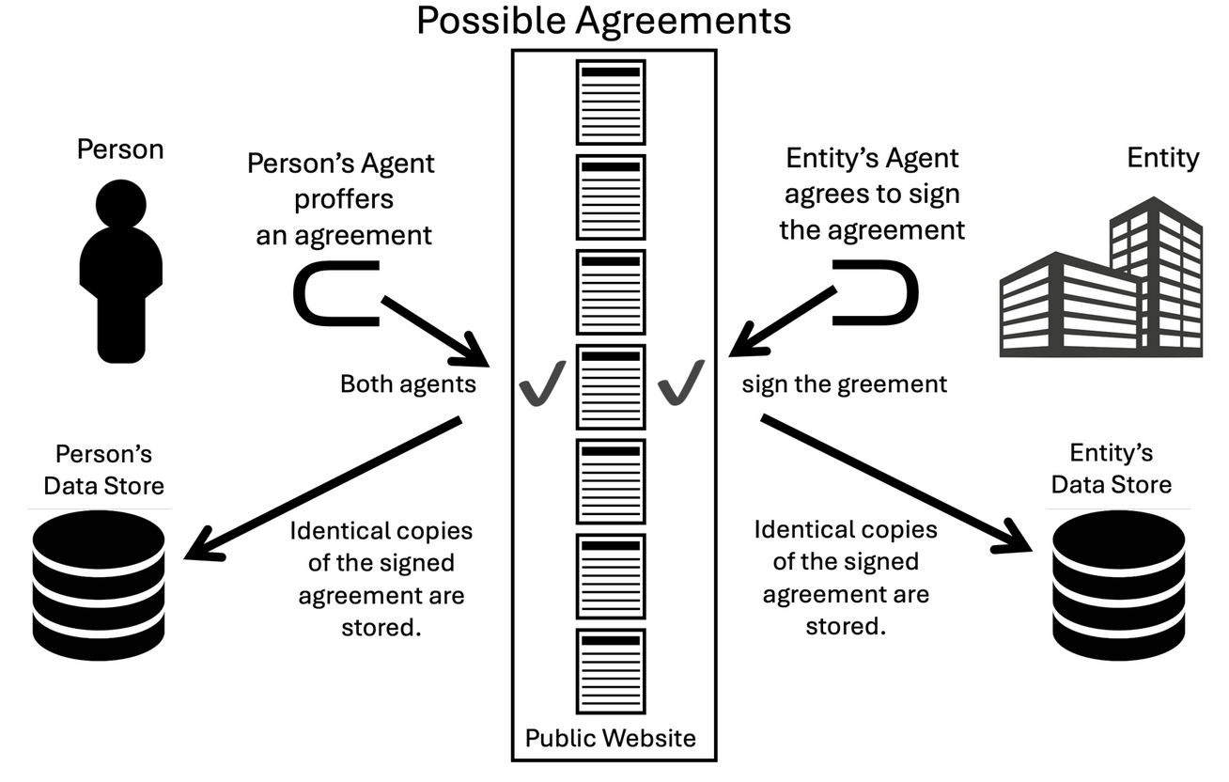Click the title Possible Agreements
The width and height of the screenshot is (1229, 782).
click(x=603, y=21)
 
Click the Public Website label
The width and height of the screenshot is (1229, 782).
click(x=611, y=738)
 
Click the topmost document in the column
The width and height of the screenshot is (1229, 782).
click(x=611, y=102)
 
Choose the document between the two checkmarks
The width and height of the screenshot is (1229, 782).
click(x=611, y=387)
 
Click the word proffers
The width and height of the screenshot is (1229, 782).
click(x=343, y=199)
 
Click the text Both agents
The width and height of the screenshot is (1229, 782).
click(x=408, y=384)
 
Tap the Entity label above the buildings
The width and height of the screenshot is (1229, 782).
click(x=1162, y=158)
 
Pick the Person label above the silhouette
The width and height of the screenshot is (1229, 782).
click(x=120, y=149)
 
